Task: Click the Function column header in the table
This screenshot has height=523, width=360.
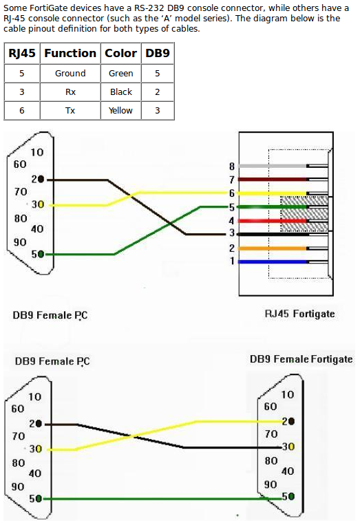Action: (x=70, y=53)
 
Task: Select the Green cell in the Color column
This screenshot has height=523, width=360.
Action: (x=120, y=74)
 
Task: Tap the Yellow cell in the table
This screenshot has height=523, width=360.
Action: (x=120, y=110)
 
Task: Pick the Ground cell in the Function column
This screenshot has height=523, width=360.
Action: (x=70, y=74)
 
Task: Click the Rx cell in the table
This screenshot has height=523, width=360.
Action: (x=70, y=92)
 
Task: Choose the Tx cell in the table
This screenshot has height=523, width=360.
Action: (x=70, y=110)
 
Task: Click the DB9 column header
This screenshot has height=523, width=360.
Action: (x=158, y=53)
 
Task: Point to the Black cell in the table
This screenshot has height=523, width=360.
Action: (x=121, y=92)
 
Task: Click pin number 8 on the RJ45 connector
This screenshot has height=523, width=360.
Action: (x=232, y=166)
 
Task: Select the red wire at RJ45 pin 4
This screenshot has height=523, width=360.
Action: (x=273, y=221)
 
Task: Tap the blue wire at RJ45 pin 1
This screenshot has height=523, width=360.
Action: (x=273, y=261)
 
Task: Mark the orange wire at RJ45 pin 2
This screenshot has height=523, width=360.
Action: (x=273, y=248)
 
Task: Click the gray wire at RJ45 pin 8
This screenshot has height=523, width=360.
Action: (x=273, y=166)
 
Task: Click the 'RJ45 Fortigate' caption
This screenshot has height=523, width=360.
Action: (x=299, y=314)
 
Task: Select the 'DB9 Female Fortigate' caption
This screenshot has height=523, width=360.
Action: (x=301, y=359)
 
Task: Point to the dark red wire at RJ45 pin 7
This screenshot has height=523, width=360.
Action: (x=273, y=180)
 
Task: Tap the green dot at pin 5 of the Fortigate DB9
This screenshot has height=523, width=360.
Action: (x=291, y=497)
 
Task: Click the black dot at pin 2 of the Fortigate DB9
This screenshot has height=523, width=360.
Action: (x=291, y=422)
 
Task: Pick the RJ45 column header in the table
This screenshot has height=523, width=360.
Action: (x=22, y=53)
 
